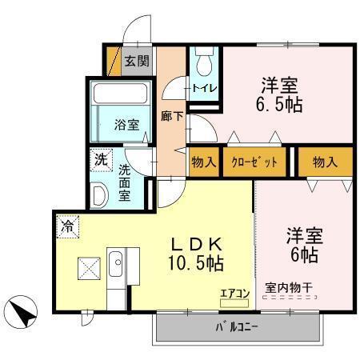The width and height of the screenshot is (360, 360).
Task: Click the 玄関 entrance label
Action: pyautogui.click(x=138, y=61)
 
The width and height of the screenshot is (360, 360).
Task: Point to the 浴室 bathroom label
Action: pyautogui.click(x=126, y=125)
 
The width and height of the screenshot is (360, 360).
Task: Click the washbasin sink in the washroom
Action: pyautogui.click(x=99, y=194)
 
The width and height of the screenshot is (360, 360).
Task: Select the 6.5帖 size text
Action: pyautogui.click(x=279, y=104)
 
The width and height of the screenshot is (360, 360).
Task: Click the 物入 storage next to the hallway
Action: pyautogui.click(x=203, y=162)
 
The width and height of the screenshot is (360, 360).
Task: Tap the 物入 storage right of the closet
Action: pyautogui.click(x=324, y=162)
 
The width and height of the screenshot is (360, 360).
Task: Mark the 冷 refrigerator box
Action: pyautogui.click(x=68, y=226)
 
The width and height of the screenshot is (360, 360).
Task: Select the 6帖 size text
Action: pyautogui.click(x=305, y=255)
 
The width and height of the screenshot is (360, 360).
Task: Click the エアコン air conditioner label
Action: pyautogui.click(x=235, y=294)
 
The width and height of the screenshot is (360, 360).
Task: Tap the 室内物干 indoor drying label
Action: pyautogui.click(x=290, y=287)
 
